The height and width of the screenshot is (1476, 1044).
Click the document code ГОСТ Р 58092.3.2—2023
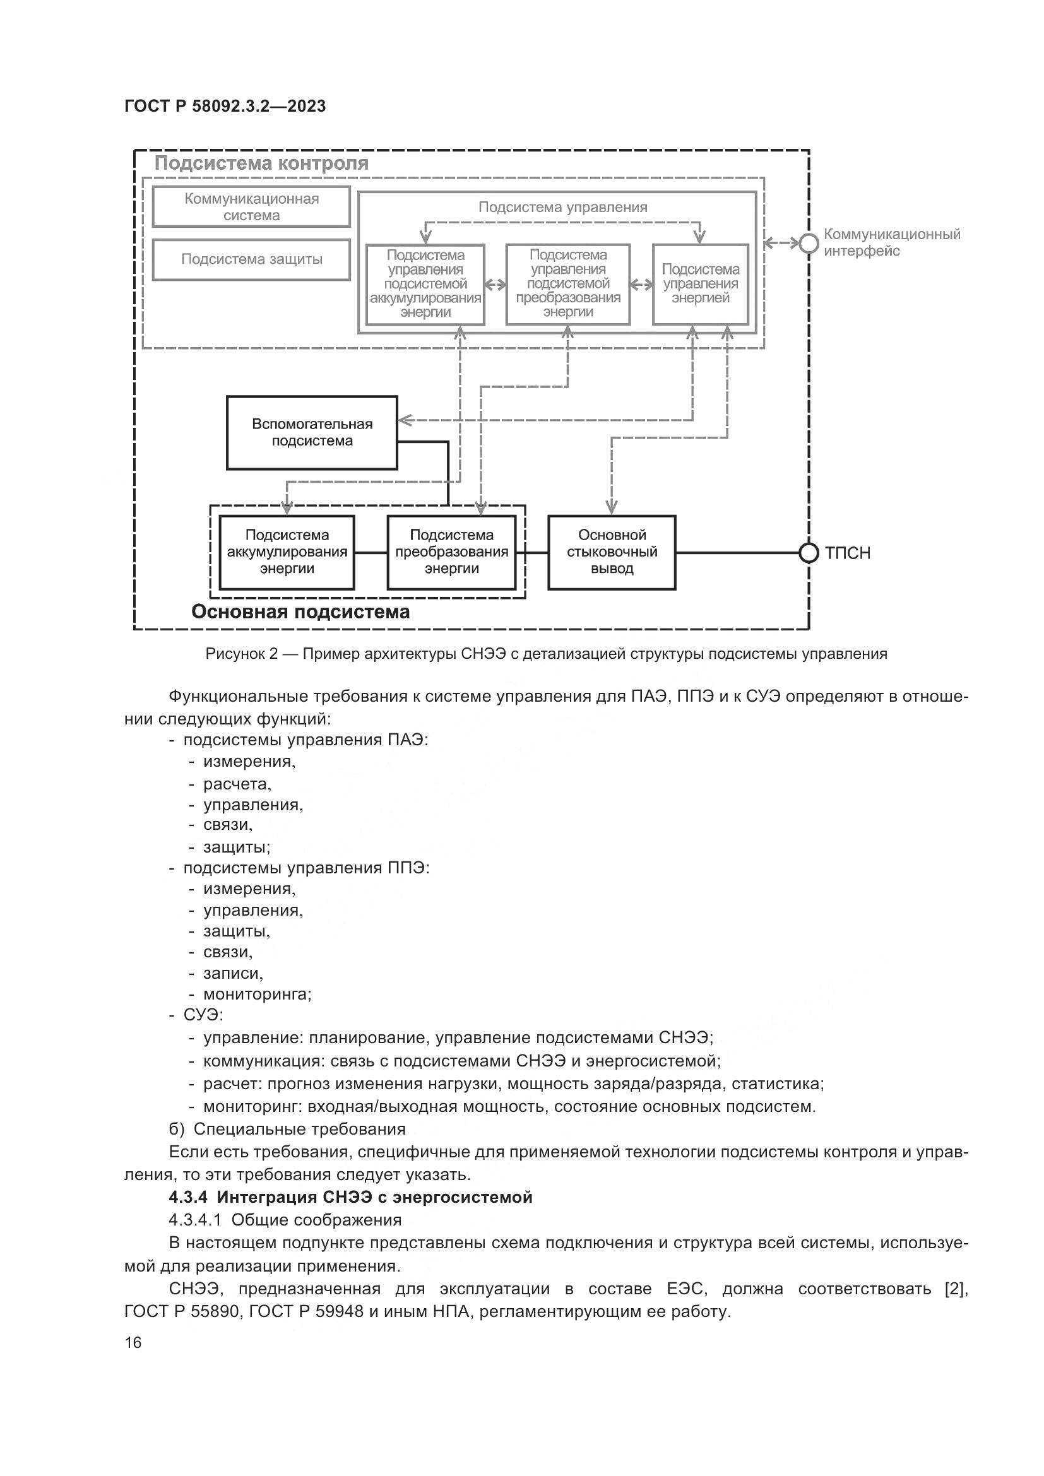click(x=225, y=106)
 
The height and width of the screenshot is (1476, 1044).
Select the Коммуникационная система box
click(x=251, y=207)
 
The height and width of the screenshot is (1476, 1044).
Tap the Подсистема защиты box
click(x=251, y=259)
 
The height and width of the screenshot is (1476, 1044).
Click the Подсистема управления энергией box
click(x=700, y=283)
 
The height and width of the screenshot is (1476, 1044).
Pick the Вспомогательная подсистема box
click(x=312, y=433)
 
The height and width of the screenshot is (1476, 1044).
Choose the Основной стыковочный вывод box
click(x=612, y=552)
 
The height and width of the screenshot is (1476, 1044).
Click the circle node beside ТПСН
click(x=808, y=553)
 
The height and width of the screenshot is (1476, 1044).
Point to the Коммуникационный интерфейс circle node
click(x=809, y=244)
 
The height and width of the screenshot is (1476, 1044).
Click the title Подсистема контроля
click(x=261, y=163)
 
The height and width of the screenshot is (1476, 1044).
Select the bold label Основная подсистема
click(x=300, y=611)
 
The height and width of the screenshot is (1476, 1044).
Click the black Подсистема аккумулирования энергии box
click(x=287, y=552)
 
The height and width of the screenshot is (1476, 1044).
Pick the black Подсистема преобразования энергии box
click(x=451, y=552)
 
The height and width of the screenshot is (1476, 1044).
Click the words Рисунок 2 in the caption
click(x=242, y=654)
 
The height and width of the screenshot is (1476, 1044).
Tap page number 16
click(x=133, y=1343)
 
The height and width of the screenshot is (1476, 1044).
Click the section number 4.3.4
click(x=188, y=1198)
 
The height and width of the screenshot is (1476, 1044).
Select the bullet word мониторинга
click(x=256, y=995)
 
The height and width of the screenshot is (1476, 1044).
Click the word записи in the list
click(x=233, y=973)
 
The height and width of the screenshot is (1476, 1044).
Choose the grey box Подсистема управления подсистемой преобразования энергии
click(x=567, y=283)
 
